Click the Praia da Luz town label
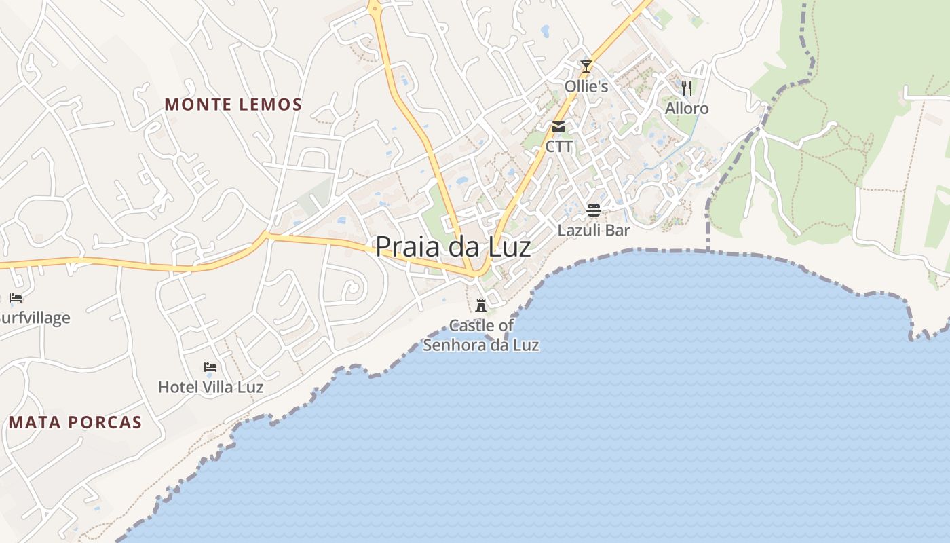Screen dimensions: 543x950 453,246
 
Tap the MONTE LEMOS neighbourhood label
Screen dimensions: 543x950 233,105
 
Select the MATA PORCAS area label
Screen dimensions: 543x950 75,422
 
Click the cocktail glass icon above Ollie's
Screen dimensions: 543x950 586,67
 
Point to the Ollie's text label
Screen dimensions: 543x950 586,87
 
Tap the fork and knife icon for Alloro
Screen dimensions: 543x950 687,88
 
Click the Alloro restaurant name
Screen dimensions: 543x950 687,109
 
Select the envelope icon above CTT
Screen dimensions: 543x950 558,127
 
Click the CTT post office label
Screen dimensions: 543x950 558,147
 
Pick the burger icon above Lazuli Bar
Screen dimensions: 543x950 594,210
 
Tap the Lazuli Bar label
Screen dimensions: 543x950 594,230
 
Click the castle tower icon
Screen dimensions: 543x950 481,305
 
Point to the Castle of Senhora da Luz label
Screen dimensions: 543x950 481,335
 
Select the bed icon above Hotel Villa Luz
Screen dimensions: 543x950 210,367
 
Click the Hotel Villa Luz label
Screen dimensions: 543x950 210,387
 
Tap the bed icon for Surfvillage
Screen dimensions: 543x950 16,297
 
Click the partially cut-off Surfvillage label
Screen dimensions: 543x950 35,318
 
